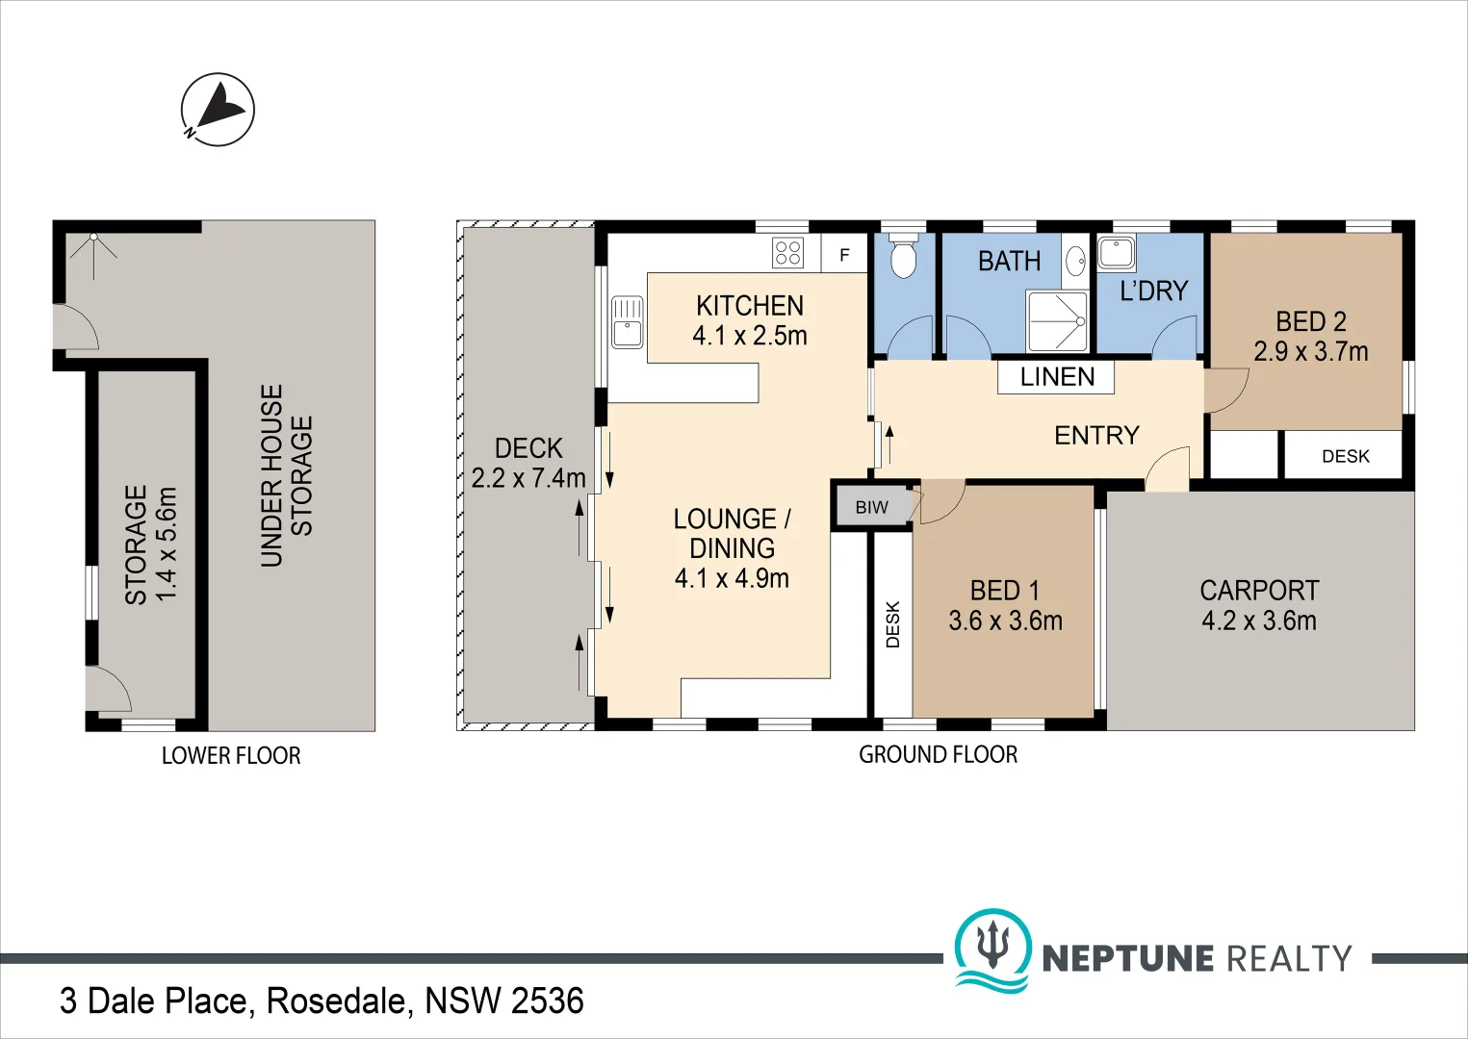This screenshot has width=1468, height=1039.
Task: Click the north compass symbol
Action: click(x=218, y=110)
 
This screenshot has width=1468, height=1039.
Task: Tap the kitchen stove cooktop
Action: click(x=787, y=252)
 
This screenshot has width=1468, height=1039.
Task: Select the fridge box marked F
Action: click(x=844, y=255)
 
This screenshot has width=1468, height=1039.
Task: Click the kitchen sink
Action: click(x=627, y=322)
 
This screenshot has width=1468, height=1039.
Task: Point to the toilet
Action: click(x=903, y=258)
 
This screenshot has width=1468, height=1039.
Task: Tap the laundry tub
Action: click(x=1117, y=253)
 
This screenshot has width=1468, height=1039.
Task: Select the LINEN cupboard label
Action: click(x=1057, y=377)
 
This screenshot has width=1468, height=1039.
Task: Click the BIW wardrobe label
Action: click(x=871, y=507)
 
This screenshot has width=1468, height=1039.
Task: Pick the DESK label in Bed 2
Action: click(x=1345, y=456)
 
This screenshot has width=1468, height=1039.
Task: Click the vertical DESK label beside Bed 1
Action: click(x=892, y=624)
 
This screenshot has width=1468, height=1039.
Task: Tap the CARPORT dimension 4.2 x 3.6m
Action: click(x=1258, y=621)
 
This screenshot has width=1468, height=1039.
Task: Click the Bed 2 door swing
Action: click(x=1225, y=391)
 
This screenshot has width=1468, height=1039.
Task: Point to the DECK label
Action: click(x=528, y=448)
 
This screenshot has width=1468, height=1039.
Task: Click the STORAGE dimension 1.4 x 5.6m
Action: click(x=167, y=545)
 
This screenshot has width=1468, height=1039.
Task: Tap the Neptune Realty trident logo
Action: click(x=992, y=947)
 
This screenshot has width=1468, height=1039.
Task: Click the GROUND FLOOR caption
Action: click(x=938, y=754)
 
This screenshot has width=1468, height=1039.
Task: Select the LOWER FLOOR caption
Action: click(x=231, y=755)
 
